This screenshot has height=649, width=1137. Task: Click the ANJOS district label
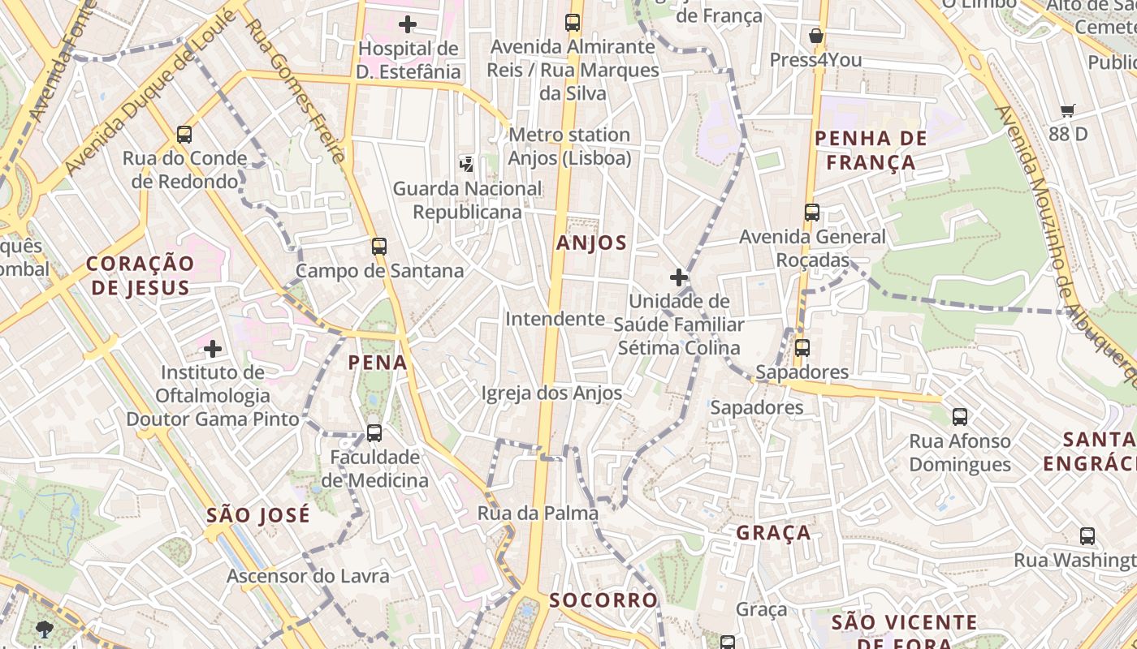point(591,243)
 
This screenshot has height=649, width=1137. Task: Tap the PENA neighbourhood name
point(378,362)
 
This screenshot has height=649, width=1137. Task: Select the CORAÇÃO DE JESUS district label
point(141,275)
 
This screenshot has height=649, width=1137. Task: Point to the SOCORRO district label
point(603,600)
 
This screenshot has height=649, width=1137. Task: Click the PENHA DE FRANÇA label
point(871,150)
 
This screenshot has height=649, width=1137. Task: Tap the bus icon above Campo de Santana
point(379,247)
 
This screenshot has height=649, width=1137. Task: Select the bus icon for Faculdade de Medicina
point(374,432)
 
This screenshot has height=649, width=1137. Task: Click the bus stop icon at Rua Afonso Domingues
point(960,417)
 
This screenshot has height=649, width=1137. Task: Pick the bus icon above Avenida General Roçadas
point(811,213)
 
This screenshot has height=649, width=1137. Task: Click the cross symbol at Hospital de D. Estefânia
point(408,24)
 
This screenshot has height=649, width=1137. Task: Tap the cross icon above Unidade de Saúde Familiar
point(678,277)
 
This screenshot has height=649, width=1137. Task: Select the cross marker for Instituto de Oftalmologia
point(213,349)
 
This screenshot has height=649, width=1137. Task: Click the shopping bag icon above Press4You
point(816,36)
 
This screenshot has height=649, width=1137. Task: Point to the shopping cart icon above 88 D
point(1068,110)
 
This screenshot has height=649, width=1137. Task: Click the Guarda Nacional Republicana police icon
point(467,165)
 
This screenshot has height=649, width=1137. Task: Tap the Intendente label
point(556,319)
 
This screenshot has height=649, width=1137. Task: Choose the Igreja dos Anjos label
point(551,393)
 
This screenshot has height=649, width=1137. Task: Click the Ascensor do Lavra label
point(308,576)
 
